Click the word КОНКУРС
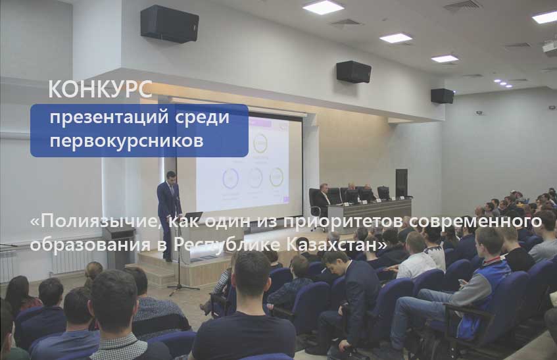100,89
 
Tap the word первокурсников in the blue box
126,141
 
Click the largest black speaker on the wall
170,24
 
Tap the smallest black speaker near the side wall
443,96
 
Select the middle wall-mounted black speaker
354,72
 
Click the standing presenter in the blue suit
168,216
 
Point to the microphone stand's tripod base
182,288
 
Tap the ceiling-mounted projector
550,48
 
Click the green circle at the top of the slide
260,143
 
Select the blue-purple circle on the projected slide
231,178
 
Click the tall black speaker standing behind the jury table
401,183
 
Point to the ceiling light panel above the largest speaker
323,7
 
